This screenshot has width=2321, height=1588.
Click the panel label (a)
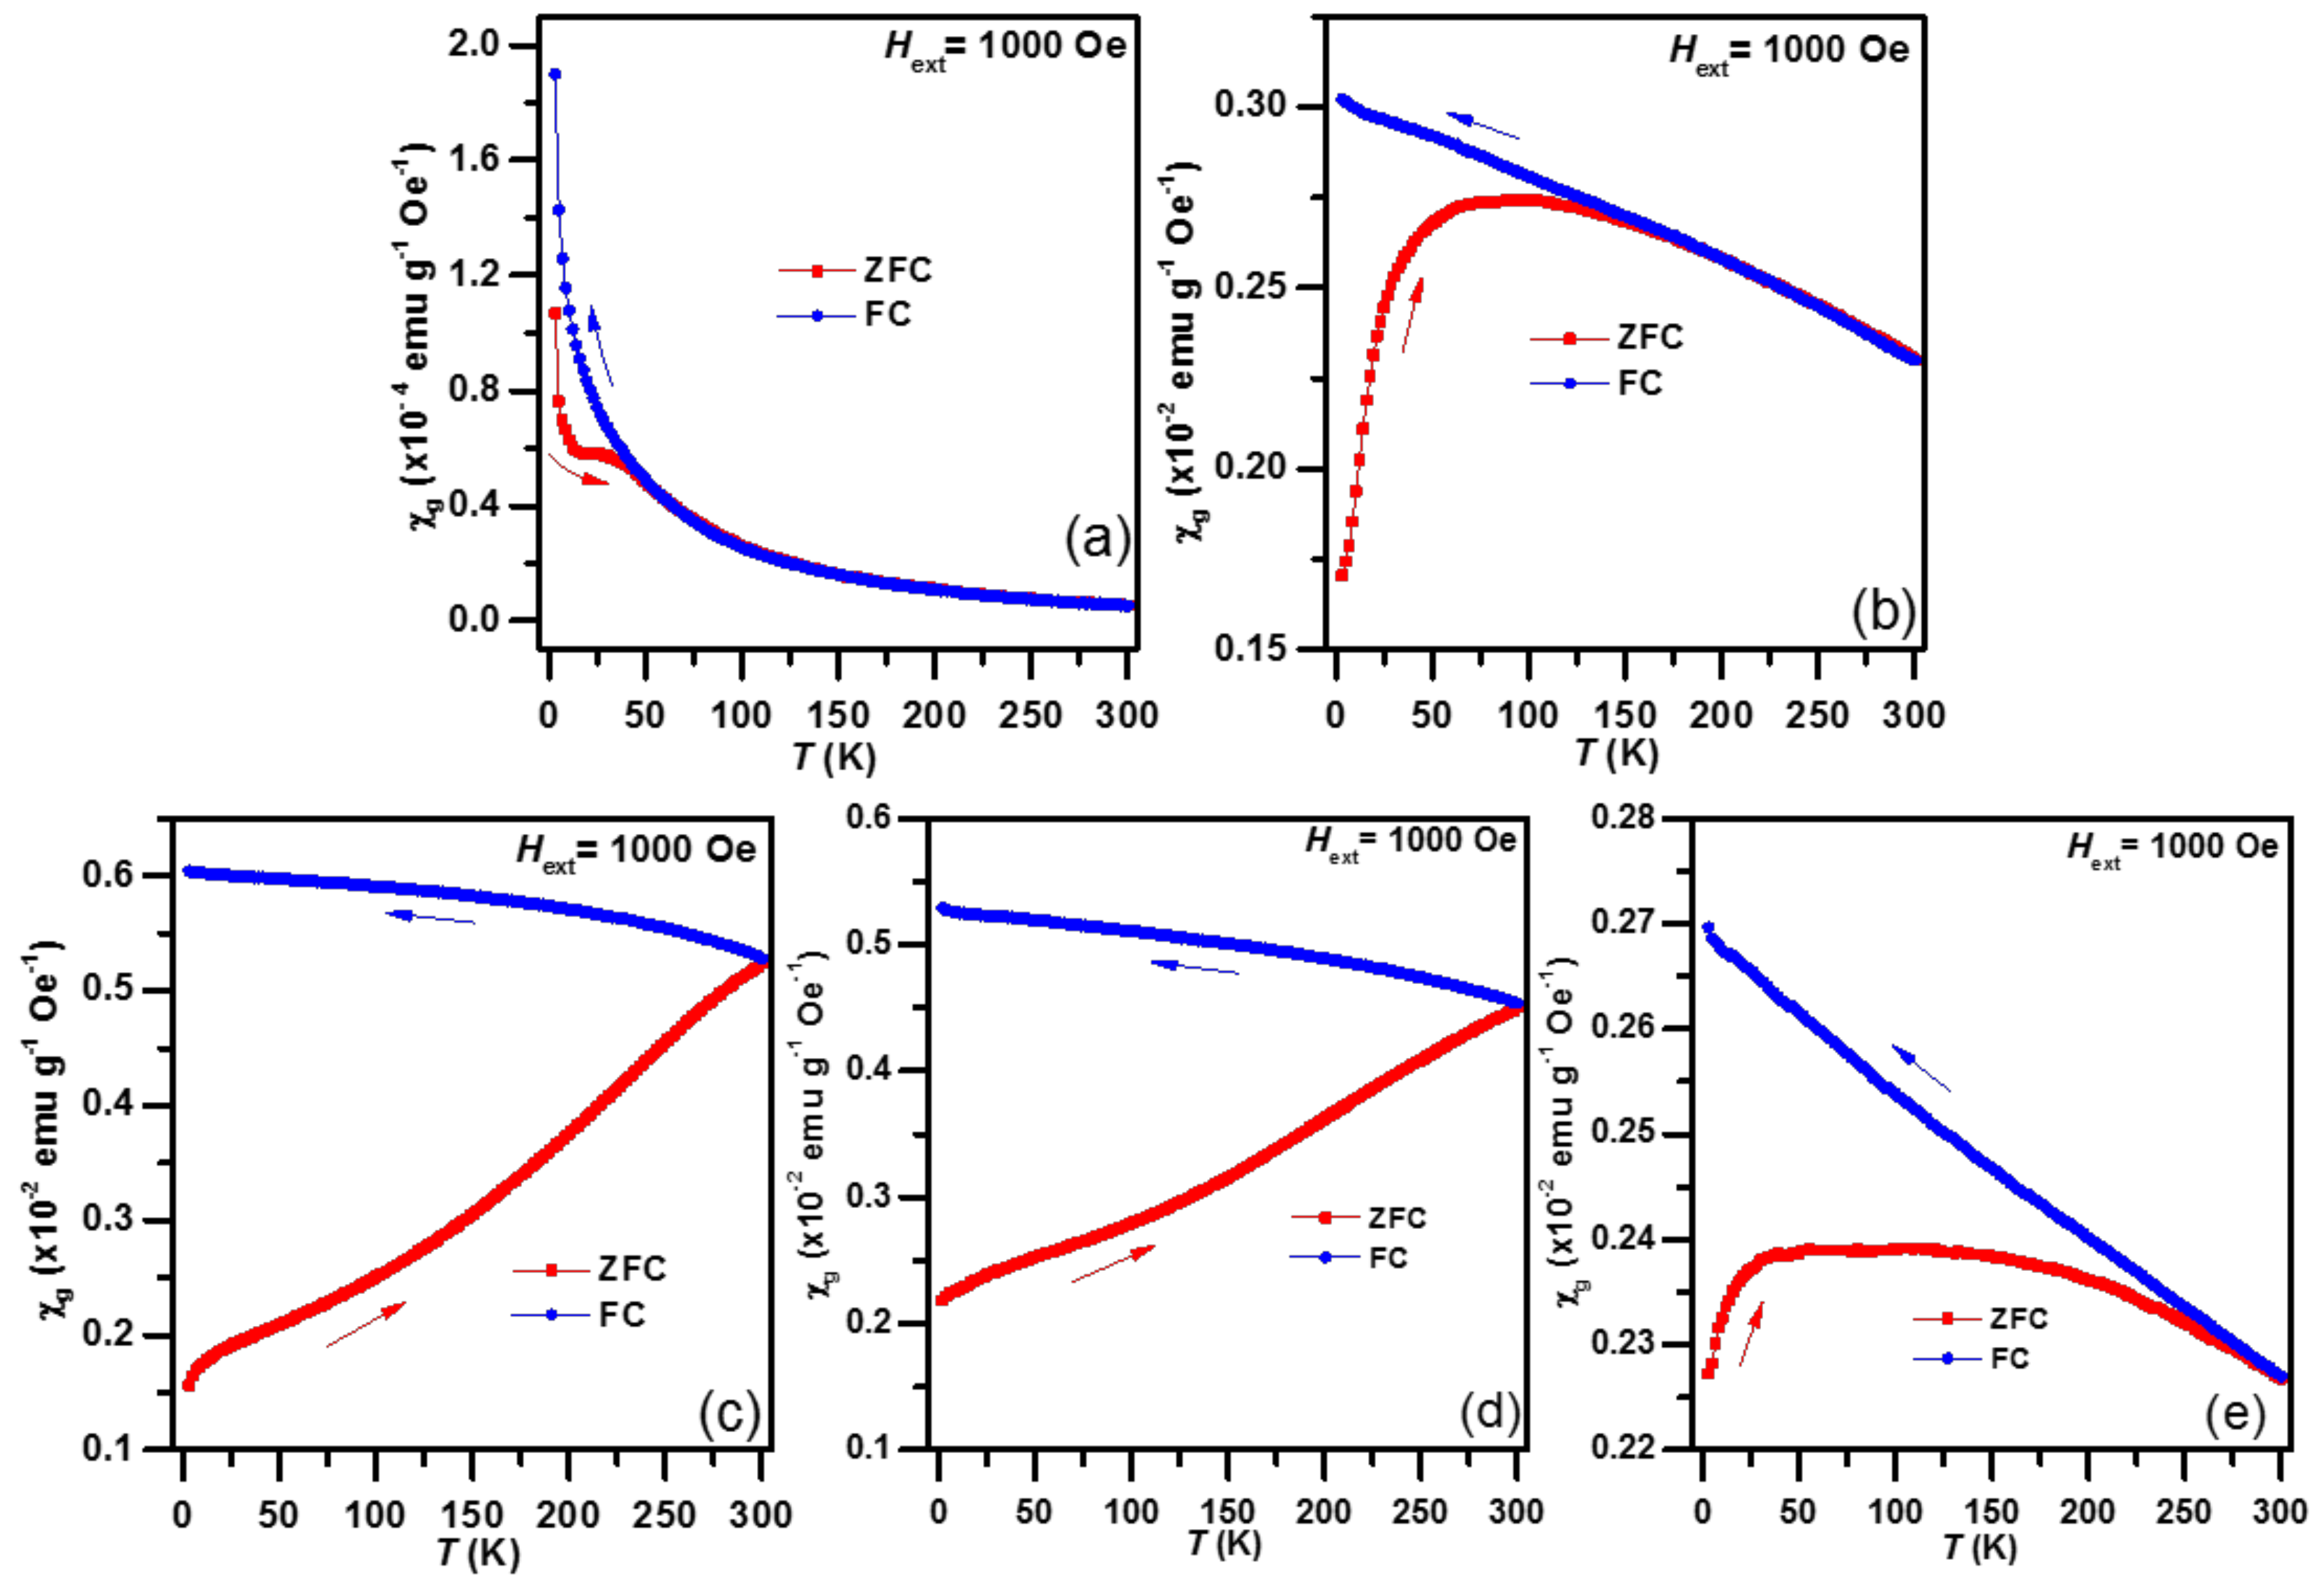click(1096, 540)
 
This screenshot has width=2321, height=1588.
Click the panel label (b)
click(1882, 613)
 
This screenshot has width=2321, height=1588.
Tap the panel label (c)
click(729, 1413)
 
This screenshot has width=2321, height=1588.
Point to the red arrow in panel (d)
click(1113, 1264)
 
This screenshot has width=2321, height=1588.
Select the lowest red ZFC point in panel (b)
click(1341, 575)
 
